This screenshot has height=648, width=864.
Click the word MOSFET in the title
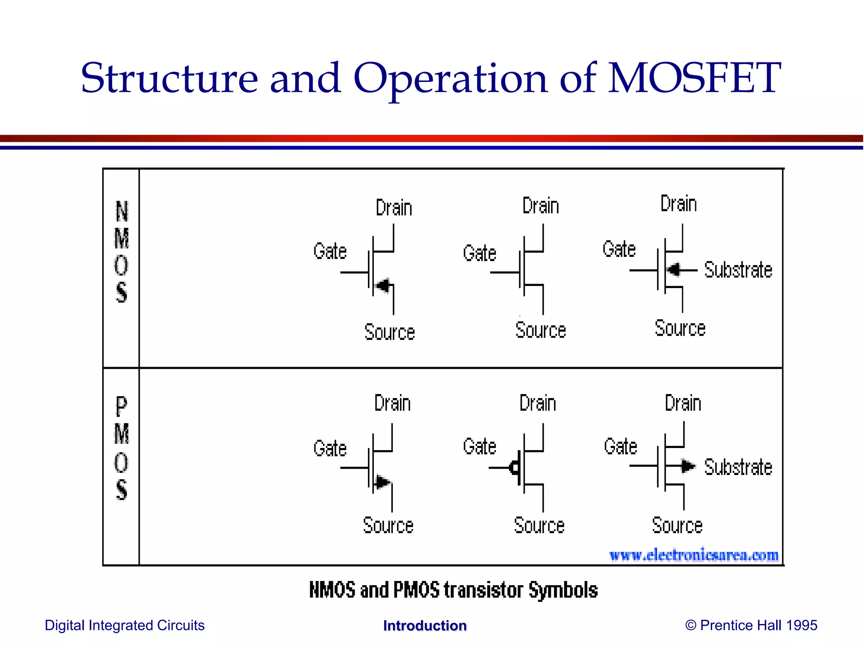[694, 78]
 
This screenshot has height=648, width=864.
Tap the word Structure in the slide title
[169, 78]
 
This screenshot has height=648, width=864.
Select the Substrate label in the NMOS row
[738, 270]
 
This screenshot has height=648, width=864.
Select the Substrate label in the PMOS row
[738, 467]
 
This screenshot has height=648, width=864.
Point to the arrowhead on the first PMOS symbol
[383, 481]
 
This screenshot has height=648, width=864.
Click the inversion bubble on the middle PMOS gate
[514, 467]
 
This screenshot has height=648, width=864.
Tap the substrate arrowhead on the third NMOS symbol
[674, 270]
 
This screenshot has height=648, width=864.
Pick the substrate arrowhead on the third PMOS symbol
[688, 466]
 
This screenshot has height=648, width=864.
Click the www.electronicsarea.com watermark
[694, 555]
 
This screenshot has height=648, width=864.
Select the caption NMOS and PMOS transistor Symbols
[453, 590]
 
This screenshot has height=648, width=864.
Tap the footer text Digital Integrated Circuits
[124, 625]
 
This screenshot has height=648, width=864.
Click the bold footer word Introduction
[425, 626]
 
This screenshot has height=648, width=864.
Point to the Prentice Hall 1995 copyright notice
[751, 625]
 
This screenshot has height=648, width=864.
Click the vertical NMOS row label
[121, 252]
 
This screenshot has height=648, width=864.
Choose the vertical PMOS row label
[121, 448]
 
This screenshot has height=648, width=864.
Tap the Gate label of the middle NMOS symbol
[479, 253]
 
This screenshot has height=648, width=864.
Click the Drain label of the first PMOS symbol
[392, 403]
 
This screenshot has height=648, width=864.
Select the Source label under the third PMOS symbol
[677, 525]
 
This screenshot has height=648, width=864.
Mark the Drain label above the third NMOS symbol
[678, 204]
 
